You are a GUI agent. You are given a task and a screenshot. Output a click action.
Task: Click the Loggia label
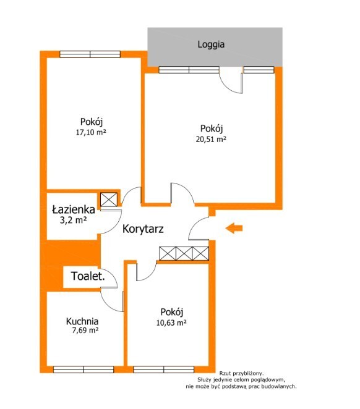[211, 44]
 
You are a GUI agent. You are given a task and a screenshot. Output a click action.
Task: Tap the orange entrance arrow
[234, 228]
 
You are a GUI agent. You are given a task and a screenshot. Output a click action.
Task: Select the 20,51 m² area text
[211, 139]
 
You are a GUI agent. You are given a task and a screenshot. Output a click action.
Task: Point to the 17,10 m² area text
[91, 132]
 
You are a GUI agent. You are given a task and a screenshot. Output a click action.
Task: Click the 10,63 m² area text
[171, 323]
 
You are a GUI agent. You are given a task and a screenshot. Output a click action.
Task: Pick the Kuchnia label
[82, 321]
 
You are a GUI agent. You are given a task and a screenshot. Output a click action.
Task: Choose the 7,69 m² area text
[85, 331]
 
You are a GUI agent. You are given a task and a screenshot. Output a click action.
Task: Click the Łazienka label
[74, 209]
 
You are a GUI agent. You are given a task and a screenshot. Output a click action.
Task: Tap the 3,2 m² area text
[73, 220]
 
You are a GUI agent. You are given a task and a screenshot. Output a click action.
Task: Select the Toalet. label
[88, 276]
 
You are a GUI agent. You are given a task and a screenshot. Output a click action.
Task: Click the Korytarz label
[143, 229]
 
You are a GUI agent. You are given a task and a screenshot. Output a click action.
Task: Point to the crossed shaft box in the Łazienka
[109, 200]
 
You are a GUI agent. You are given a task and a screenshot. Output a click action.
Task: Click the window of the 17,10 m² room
[90, 54]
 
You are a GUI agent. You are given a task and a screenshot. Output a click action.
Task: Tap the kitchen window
[84, 369]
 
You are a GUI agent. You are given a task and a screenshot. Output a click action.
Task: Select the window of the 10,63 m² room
[164, 369]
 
